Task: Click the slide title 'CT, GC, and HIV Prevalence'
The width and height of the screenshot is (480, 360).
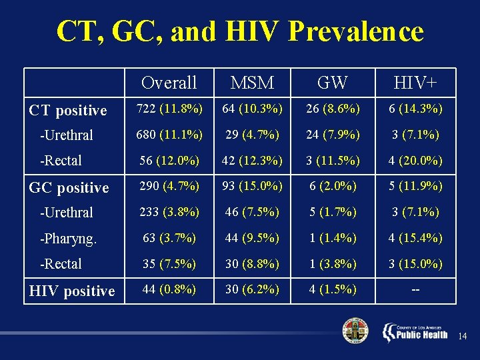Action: point(240,31)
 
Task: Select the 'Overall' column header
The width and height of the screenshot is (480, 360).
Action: point(169,83)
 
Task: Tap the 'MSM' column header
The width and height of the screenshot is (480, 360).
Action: point(252,83)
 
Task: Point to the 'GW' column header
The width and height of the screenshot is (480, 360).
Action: point(332,83)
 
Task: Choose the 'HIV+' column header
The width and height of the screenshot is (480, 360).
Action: point(415,83)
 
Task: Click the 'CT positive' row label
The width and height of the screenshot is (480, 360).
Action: point(68,110)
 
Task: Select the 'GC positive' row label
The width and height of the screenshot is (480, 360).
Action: point(69,187)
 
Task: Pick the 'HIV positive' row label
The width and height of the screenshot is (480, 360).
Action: point(72,291)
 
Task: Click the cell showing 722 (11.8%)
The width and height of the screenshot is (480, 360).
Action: point(169,109)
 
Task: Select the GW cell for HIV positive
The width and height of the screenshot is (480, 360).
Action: point(332,290)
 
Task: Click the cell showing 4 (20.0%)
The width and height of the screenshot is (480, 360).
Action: point(415,160)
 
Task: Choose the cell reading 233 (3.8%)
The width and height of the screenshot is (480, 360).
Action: point(169,212)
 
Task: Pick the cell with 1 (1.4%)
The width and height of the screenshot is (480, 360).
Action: point(332,238)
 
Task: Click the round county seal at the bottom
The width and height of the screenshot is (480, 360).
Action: point(355,331)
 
